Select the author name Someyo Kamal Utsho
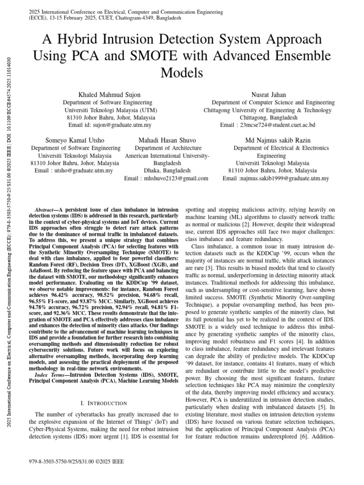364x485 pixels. (x=75, y=141)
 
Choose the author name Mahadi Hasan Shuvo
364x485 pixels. (x=167, y=141)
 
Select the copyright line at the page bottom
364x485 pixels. (x=70, y=459)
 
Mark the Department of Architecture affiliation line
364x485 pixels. (x=166, y=148)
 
